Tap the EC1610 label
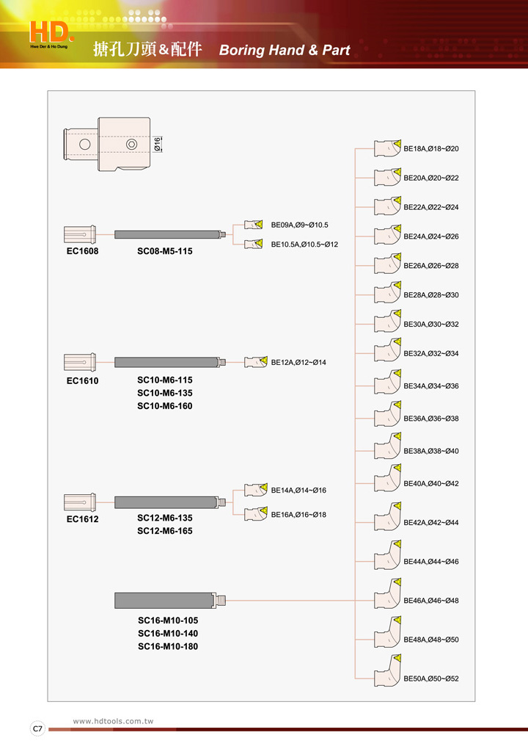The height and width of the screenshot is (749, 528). [82, 381]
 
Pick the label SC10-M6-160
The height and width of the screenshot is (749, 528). [165, 406]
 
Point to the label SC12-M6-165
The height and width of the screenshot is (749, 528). [165, 531]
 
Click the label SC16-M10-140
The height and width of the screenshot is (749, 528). [168, 633]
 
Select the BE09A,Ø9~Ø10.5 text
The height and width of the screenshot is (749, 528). [299, 225]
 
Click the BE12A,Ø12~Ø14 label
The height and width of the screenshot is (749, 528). [298, 363]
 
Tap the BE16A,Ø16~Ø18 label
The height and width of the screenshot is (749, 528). [298, 515]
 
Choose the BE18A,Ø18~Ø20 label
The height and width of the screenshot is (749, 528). [431, 149]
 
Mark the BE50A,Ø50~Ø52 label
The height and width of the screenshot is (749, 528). [431, 679]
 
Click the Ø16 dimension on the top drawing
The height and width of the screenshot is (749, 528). [158, 144]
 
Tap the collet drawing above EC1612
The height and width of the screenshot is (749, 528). [80, 502]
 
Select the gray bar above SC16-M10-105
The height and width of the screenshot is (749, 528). [164, 601]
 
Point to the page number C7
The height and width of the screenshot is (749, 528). [37, 729]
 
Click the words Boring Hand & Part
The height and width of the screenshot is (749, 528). [285, 51]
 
